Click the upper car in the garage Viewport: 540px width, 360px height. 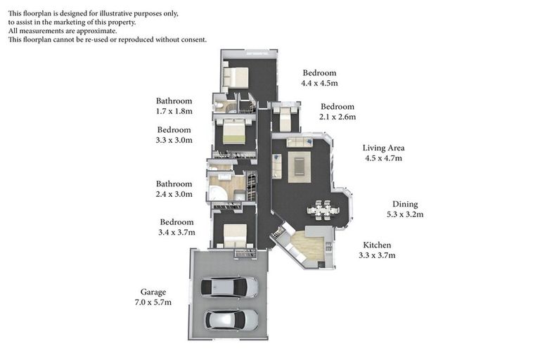coord(229,287)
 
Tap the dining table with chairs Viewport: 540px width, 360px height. coord(323,209)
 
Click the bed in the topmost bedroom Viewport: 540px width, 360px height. coord(236,76)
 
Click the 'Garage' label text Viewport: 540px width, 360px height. coord(153,292)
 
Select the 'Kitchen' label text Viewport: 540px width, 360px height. coord(377,245)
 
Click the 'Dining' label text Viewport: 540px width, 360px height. coord(405,204)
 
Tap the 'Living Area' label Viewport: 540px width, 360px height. coord(383,148)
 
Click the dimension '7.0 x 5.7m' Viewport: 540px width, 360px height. coord(153,302)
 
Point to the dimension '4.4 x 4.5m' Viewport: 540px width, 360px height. coord(319,83)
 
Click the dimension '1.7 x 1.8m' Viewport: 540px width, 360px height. coord(174,111)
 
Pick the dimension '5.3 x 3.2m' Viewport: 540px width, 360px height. coord(405,214)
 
